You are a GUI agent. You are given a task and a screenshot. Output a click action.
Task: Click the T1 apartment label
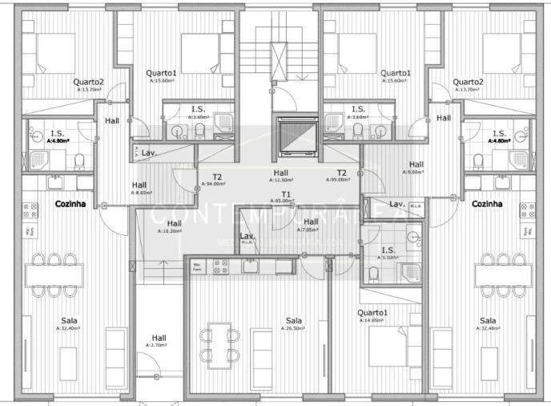click(286, 193)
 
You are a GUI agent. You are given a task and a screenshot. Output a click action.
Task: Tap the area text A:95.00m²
click(342, 180)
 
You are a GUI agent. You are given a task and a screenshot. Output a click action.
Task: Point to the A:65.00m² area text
click(286, 201)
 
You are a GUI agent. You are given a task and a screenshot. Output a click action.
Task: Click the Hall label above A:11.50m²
click(280, 173)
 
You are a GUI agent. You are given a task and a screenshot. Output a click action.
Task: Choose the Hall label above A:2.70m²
click(159, 338)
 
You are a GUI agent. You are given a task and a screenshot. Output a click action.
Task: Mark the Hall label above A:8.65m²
click(139, 185)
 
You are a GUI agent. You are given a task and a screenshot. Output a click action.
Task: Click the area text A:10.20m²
click(169, 230)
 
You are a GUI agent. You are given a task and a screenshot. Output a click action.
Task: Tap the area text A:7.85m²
click(311, 229)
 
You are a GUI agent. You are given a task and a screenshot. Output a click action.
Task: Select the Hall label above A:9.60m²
click(416, 164)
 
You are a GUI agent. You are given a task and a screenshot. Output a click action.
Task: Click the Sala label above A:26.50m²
click(294, 320)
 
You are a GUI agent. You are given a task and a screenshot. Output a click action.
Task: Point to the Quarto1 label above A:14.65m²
click(372, 313)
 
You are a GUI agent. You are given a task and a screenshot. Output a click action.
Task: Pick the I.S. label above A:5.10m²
click(388, 250)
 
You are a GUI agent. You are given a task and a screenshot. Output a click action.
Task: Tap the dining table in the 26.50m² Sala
click(220, 343)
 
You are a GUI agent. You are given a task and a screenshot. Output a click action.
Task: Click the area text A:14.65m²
click(372, 320)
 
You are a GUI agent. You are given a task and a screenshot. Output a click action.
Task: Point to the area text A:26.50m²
click(294, 327)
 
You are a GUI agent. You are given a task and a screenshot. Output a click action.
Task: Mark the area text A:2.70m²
click(159, 345)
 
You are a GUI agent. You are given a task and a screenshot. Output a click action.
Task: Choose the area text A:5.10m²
click(388, 258)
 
